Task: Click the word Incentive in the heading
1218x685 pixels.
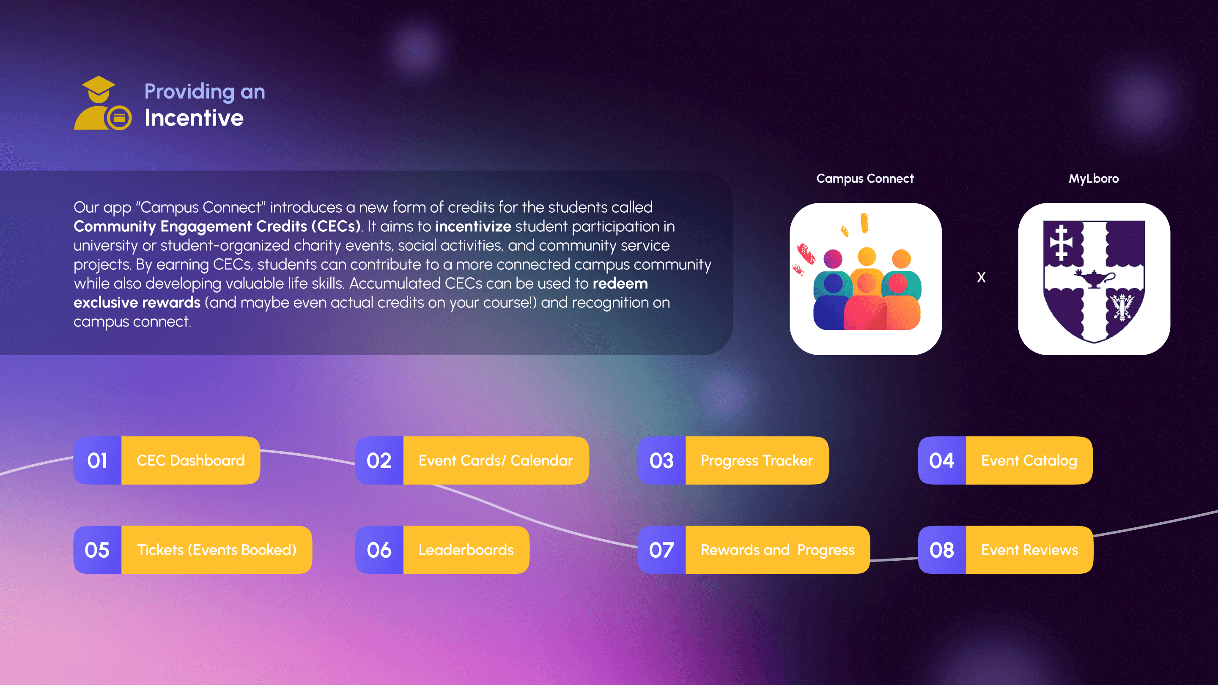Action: pyautogui.click(x=194, y=118)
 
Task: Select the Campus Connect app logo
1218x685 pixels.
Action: pyautogui.click(x=865, y=279)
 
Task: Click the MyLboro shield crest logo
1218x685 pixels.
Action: pyautogui.click(x=1094, y=279)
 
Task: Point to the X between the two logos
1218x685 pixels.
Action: pyautogui.click(x=981, y=277)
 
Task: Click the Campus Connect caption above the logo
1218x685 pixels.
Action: pyautogui.click(x=865, y=179)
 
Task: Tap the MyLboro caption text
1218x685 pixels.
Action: pyautogui.click(x=1094, y=179)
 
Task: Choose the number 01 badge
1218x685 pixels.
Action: pyautogui.click(x=97, y=460)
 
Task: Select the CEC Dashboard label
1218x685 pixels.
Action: pyautogui.click(x=191, y=460)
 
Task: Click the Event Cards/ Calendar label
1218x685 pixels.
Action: pyautogui.click(x=496, y=460)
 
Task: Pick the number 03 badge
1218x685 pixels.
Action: pyautogui.click(x=661, y=460)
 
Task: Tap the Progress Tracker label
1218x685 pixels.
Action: pyautogui.click(x=757, y=460)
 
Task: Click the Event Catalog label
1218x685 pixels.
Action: pyautogui.click(x=1029, y=460)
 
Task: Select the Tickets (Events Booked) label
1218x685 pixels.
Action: pyautogui.click(x=217, y=550)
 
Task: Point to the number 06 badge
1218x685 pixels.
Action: pyautogui.click(x=379, y=550)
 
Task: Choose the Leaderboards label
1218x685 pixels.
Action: pyautogui.click(x=466, y=550)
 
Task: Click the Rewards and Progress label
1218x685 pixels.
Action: pyautogui.click(x=777, y=550)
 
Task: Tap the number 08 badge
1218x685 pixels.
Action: pyautogui.click(x=942, y=550)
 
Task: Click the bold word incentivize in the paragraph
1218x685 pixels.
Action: pyautogui.click(x=473, y=227)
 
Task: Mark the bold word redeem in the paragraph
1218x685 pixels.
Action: pyautogui.click(x=620, y=284)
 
